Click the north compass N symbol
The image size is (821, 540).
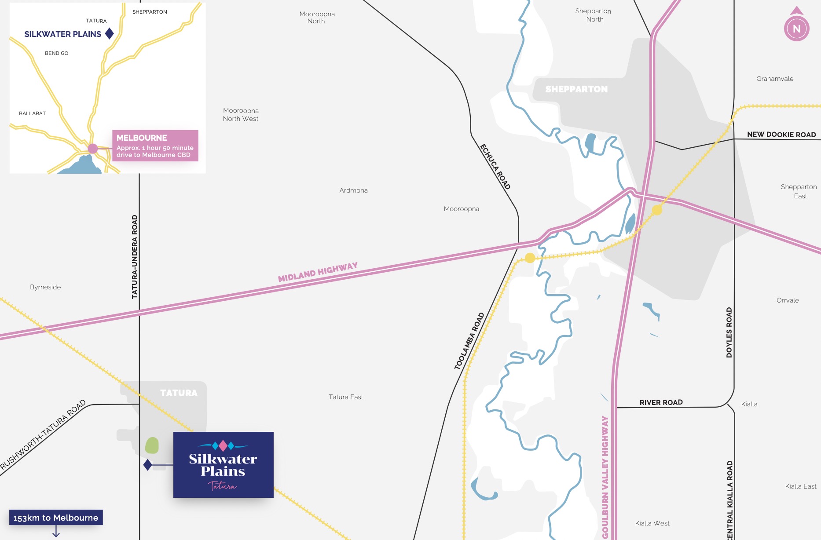click(796, 29)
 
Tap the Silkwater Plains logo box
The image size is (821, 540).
click(223, 465)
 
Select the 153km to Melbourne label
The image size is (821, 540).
click(56, 518)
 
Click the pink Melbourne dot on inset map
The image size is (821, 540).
click(92, 149)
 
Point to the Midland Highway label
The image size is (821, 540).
click(318, 272)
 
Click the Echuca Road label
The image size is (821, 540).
click(495, 167)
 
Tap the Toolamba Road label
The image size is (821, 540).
click(469, 341)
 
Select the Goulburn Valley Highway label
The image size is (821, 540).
click(605, 477)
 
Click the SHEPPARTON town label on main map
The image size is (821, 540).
click(576, 89)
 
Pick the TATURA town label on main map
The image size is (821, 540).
click(179, 393)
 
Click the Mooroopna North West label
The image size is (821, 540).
click(241, 115)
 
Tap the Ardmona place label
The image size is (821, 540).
click(353, 190)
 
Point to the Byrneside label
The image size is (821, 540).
click(45, 287)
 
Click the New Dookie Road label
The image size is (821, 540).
click(781, 135)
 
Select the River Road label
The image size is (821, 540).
click(661, 402)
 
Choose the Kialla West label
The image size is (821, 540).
click(652, 523)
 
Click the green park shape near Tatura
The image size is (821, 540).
click(152, 445)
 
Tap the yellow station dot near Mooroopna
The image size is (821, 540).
click(530, 258)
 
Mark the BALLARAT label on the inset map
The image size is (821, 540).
click(32, 113)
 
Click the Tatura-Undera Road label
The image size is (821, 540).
click(135, 257)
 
